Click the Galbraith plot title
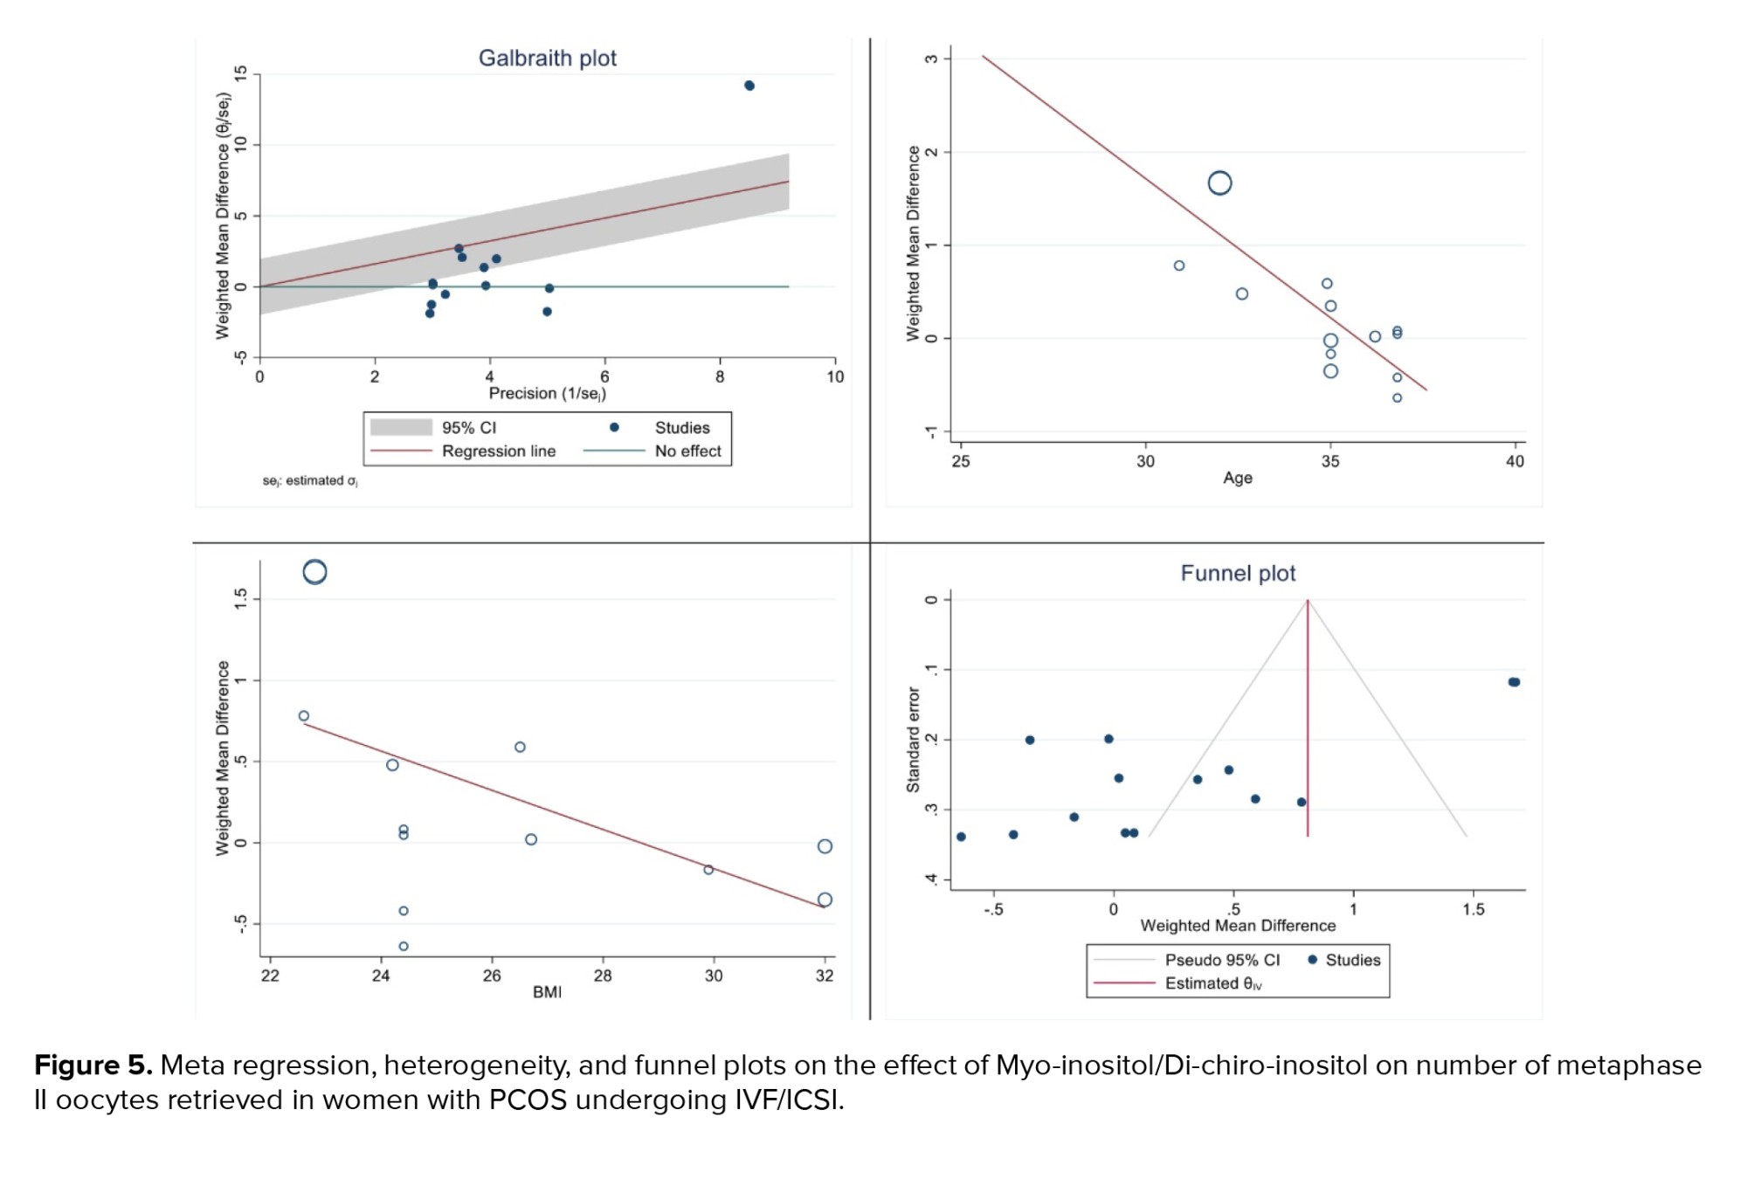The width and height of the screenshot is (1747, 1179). tap(547, 59)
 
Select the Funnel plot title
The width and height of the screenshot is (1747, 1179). tap(1237, 574)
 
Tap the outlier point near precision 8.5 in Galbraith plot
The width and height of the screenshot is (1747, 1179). tap(749, 86)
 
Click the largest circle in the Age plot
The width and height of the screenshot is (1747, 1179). tap(1219, 183)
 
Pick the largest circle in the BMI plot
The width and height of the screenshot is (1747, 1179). tap(314, 572)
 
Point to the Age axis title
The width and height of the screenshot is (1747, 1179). tap(1237, 478)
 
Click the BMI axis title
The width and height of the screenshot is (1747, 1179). tap(547, 992)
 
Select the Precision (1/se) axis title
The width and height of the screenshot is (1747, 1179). tap(547, 394)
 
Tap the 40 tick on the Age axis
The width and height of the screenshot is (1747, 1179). tap(1515, 461)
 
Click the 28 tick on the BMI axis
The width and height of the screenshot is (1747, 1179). tap(603, 976)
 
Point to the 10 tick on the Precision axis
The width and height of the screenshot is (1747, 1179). tap(835, 377)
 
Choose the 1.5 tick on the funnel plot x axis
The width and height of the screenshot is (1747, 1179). tap(1473, 909)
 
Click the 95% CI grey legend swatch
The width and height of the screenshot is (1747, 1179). tap(401, 427)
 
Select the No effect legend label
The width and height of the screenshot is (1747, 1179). tap(687, 452)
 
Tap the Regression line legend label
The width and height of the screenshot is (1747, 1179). tap(498, 452)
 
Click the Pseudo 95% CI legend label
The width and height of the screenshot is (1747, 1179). tap(1221, 960)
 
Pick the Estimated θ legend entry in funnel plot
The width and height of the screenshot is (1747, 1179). tap(1212, 983)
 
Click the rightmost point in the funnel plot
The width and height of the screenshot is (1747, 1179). tap(1515, 682)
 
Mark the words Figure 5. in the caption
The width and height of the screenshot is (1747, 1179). tap(93, 1065)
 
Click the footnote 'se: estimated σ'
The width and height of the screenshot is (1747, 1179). tap(310, 481)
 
